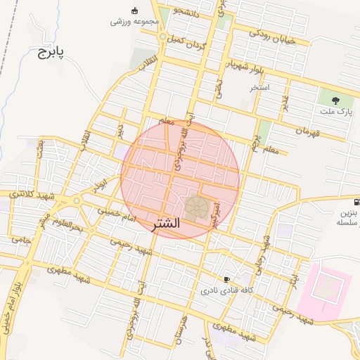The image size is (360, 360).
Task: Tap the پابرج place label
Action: (51, 53)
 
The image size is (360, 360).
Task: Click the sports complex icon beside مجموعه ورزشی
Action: (135, 11)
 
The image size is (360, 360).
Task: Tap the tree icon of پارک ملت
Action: (335, 100)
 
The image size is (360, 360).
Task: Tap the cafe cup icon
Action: (226, 279)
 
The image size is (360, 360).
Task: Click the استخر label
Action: (260, 88)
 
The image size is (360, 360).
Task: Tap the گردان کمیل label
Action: (187, 39)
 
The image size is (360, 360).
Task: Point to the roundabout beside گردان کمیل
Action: (163, 37)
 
